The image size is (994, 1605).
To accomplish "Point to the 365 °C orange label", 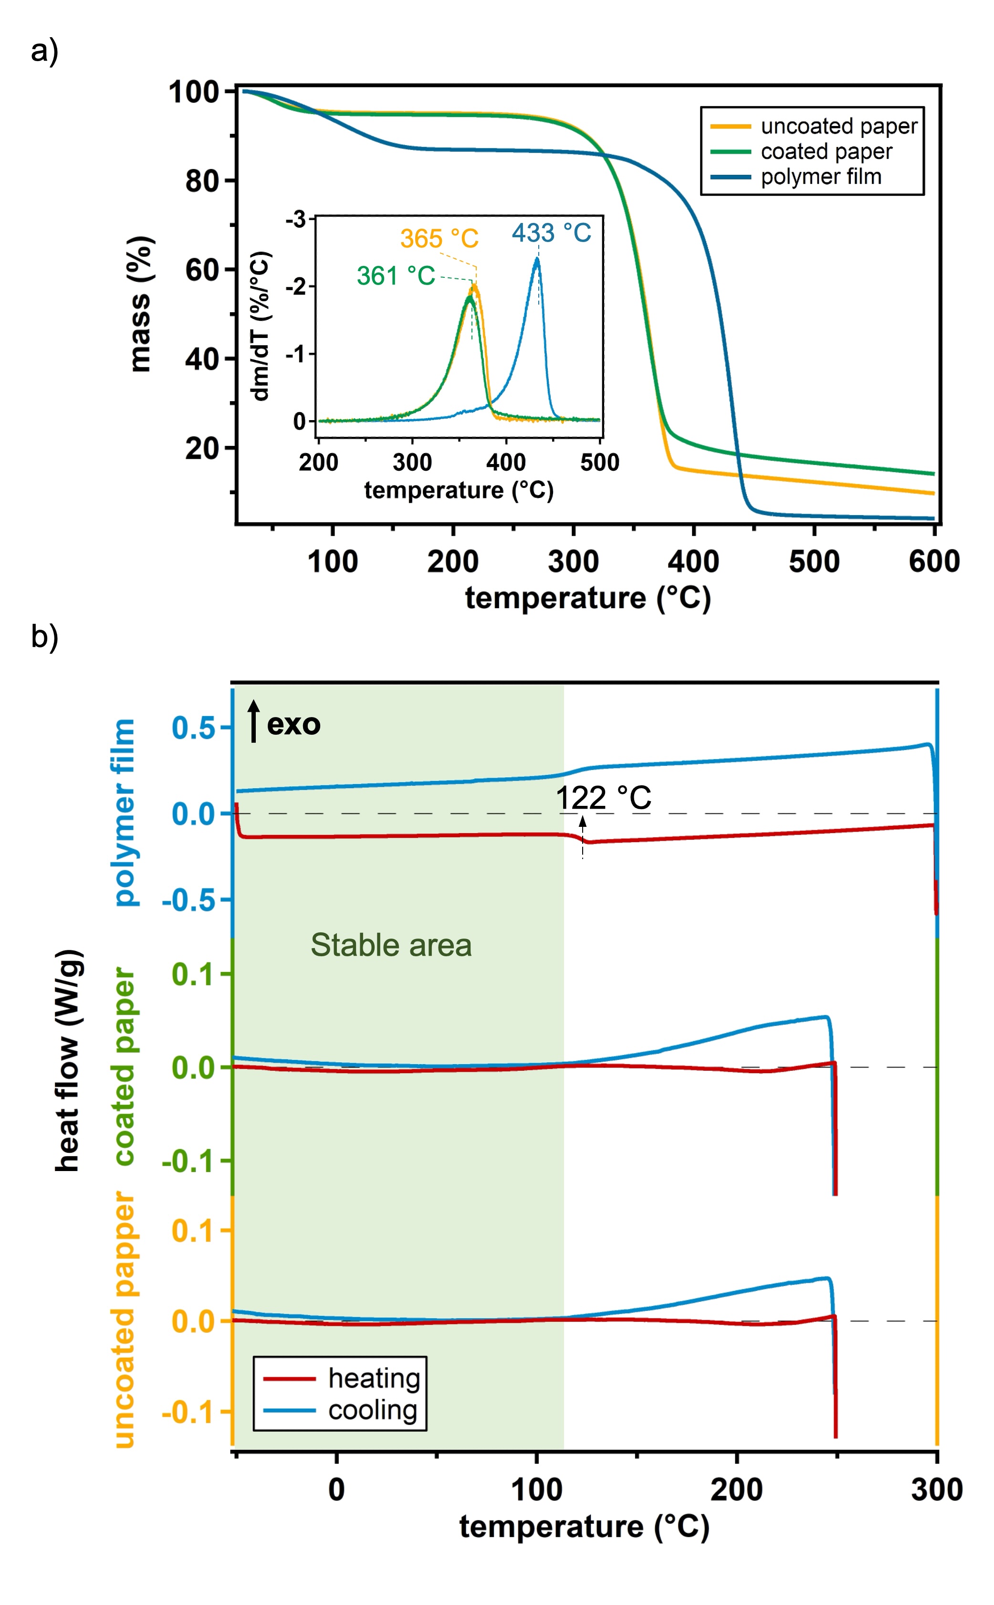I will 439,238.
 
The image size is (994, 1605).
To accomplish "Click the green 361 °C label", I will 396,275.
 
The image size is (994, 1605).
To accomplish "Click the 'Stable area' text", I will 391,945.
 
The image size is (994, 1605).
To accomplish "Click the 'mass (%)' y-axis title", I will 140,304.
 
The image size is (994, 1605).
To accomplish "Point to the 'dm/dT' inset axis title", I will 261,326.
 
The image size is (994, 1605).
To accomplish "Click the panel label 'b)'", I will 45,636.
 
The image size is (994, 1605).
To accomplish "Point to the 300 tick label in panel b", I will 936,1489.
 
